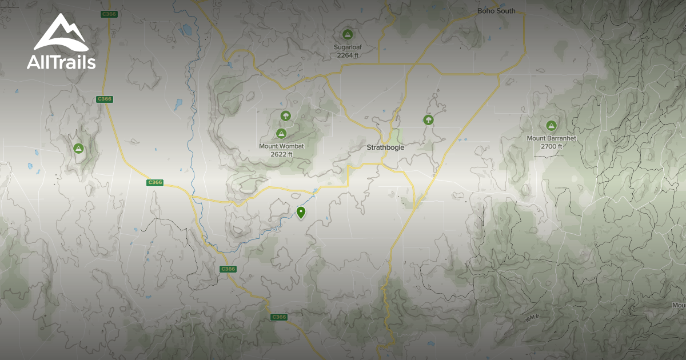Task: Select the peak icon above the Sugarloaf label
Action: [347, 34]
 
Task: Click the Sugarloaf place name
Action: [348, 47]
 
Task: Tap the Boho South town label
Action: [496, 11]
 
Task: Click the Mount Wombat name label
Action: [281, 146]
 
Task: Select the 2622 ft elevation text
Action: [281, 154]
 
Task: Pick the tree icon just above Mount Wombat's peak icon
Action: [285, 116]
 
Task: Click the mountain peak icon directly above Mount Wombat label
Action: [281, 134]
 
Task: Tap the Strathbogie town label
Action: [385, 147]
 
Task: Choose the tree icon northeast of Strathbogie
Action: [428, 119]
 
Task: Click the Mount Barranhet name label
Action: [551, 138]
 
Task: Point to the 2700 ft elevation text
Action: [551, 146]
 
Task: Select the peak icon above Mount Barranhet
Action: [551, 126]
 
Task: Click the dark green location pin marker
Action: [301, 213]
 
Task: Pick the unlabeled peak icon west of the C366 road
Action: [78, 149]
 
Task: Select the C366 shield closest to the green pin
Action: [228, 269]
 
